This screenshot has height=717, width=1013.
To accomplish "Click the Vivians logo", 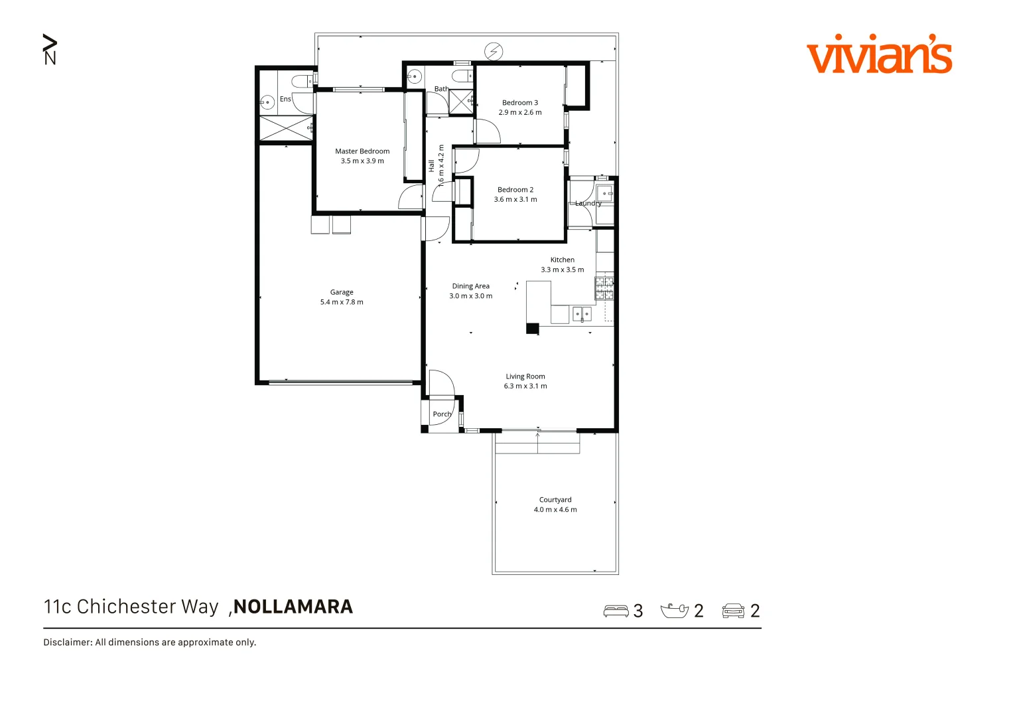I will pyautogui.click(x=879, y=54).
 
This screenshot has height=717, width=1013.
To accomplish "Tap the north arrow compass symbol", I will pyautogui.click(x=50, y=49).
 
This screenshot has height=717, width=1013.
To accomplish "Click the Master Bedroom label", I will pyautogui.click(x=362, y=151).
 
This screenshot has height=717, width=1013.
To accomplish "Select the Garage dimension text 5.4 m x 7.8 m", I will pyautogui.click(x=342, y=302).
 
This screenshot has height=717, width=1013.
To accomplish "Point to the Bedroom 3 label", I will pyautogui.click(x=520, y=103).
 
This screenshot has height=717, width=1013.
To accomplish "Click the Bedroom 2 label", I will pyautogui.click(x=515, y=190).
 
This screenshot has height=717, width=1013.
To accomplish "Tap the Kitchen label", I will pyautogui.click(x=563, y=260).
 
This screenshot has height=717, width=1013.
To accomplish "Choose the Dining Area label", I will pyautogui.click(x=471, y=286).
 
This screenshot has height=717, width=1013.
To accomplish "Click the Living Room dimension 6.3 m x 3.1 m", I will pyautogui.click(x=525, y=386).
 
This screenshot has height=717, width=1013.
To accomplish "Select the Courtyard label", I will pyautogui.click(x=555, y=500).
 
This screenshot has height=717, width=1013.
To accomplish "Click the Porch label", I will pyautogui.click(x=442, y=414).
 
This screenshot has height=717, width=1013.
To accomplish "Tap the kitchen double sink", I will pyautogui.click(x=582, y=313).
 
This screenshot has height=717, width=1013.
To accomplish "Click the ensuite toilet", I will pyautogui.click(x=302, y=82).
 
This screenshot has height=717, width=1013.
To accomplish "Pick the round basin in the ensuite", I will pyautogui.click(x=267, y=103).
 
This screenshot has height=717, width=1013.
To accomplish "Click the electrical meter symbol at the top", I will pyautogui.click(x=494, y=51).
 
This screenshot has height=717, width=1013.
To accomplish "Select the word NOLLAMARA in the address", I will pyautogui.click(x=293, y=607).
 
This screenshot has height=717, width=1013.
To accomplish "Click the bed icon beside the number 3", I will pyautogui.click(x=616, y=611).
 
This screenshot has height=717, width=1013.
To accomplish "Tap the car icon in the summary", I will pyautogui.click(x=733, y=611).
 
